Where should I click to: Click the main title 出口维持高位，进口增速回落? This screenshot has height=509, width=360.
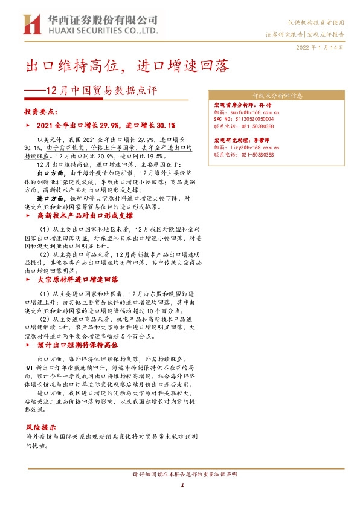coord(126,66)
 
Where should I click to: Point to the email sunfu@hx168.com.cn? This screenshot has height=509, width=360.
coord(247,112)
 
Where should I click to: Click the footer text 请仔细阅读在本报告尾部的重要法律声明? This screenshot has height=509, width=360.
coord(181,473)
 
